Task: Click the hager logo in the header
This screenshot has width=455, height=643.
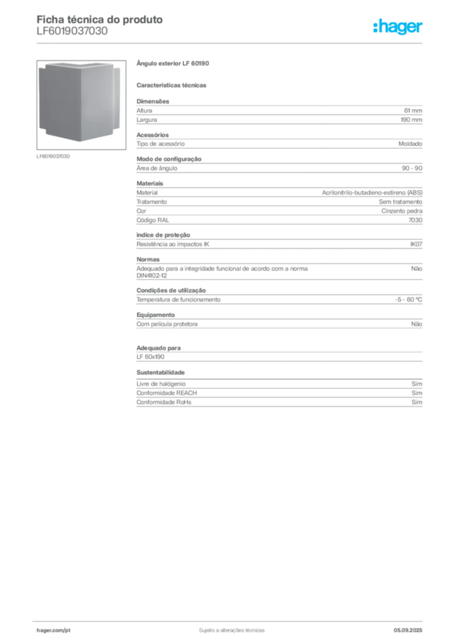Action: coord(398,26)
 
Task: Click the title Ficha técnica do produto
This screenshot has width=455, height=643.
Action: coord(100,19)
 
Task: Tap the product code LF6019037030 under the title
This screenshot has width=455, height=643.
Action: coord(72,31)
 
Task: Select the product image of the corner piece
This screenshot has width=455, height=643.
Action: coord(81,105)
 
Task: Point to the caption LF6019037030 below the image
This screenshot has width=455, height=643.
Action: coord(53,156)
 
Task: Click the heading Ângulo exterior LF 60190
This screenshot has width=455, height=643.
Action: coord(173,63)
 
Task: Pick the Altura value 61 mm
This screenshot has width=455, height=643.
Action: coord(413,111)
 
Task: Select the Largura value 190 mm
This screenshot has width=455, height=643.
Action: coord(412,120)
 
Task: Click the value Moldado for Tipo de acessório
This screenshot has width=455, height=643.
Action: coord(410,144)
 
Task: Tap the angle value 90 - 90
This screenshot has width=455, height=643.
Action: coord(412,168)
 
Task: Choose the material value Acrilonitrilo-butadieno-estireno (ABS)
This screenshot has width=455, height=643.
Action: coord(372,193)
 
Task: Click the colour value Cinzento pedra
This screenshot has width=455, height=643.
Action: coord(402,211)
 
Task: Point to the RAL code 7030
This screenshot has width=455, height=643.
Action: coord(415,220)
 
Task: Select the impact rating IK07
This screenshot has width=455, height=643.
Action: coord(416,244)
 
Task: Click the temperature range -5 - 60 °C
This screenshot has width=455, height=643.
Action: coord(408,300)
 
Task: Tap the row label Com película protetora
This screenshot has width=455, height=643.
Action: coord(167,324)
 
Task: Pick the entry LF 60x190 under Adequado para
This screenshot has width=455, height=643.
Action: coord(151,357)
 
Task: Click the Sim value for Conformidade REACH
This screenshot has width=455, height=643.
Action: coord(417,393)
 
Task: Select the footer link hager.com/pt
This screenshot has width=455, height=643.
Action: coord(53,630)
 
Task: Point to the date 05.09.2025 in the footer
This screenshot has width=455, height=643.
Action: coord(408,630)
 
